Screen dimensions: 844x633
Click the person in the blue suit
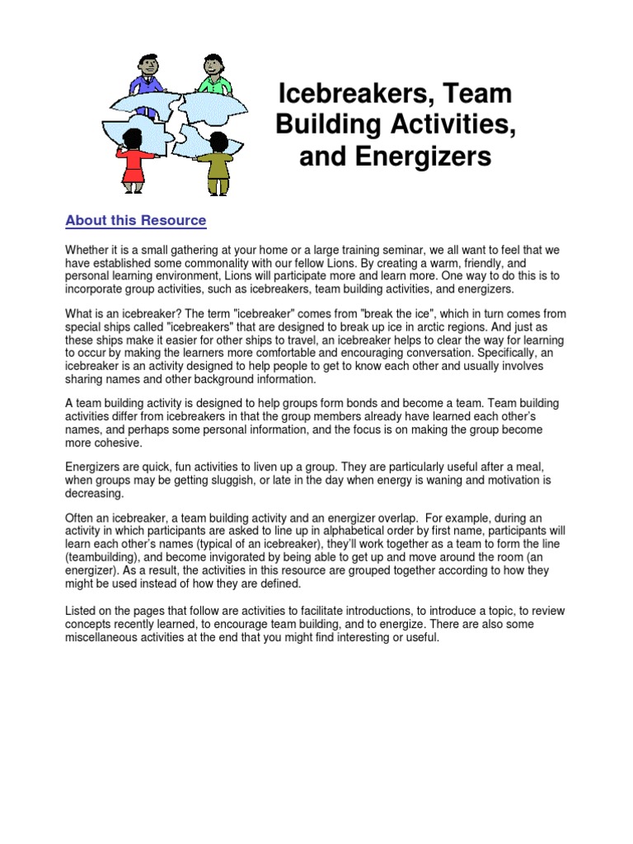pyautogui.click(x=146, y=75)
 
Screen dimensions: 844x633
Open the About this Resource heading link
pyautogui.click(x=135, y=221)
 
